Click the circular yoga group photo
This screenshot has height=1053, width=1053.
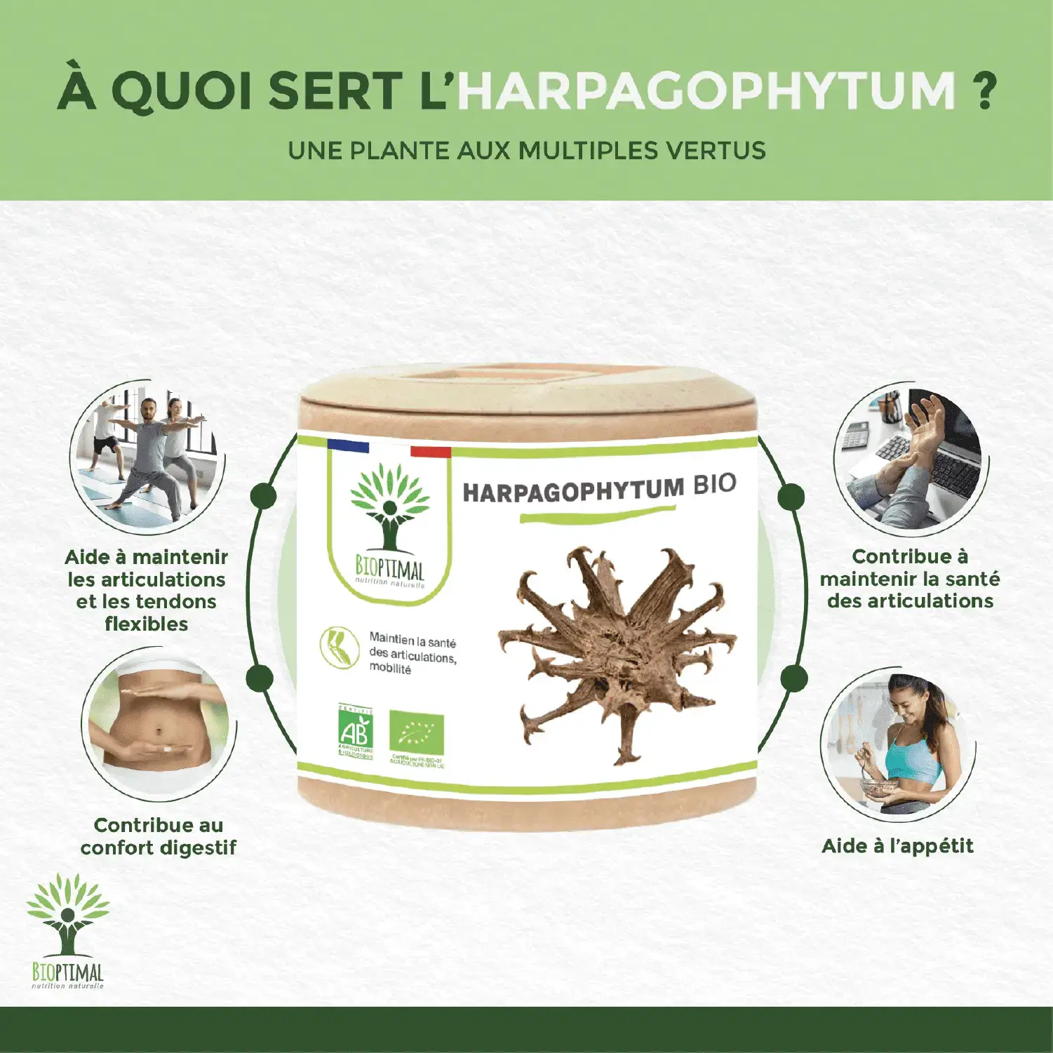point(147,456)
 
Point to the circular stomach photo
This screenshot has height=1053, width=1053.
point(158,723)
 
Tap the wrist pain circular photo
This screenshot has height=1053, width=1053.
point(910,460)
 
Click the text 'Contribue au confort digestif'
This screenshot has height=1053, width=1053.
point(158,836)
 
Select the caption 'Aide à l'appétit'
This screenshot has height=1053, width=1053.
point(897,846)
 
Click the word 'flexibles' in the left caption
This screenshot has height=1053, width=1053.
point(147,624)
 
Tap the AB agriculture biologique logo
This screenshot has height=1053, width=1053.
point(356,732)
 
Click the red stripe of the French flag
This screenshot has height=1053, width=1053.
point(430,452)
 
